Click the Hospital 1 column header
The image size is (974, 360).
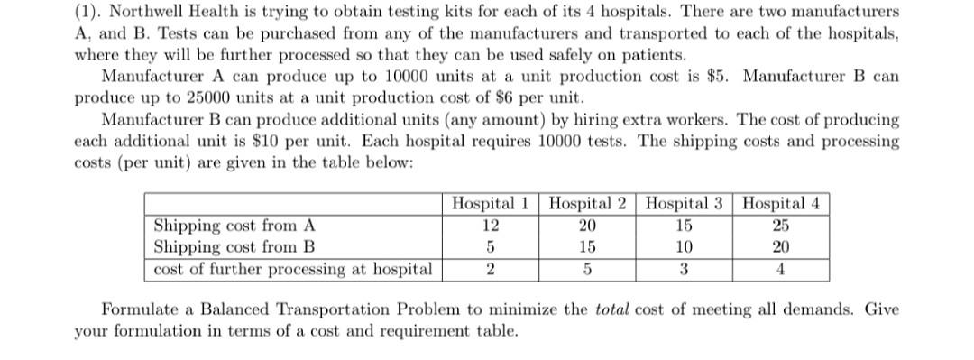(x=490, y=203)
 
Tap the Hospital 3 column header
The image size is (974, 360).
(x=685, y=203)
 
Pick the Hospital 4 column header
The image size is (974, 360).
(x=781, y=203)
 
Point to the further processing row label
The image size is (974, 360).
(x=292, y=269)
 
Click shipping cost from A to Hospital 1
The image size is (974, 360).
(x=490, y=226)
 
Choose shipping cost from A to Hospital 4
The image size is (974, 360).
(x=781, y=226)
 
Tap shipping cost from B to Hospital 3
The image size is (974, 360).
(x=685, y=247)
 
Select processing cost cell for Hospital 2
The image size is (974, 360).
(x=588, y=269)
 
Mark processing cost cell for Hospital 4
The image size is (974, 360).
(x=781, y=269)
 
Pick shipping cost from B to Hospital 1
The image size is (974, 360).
(x=490, y=247)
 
